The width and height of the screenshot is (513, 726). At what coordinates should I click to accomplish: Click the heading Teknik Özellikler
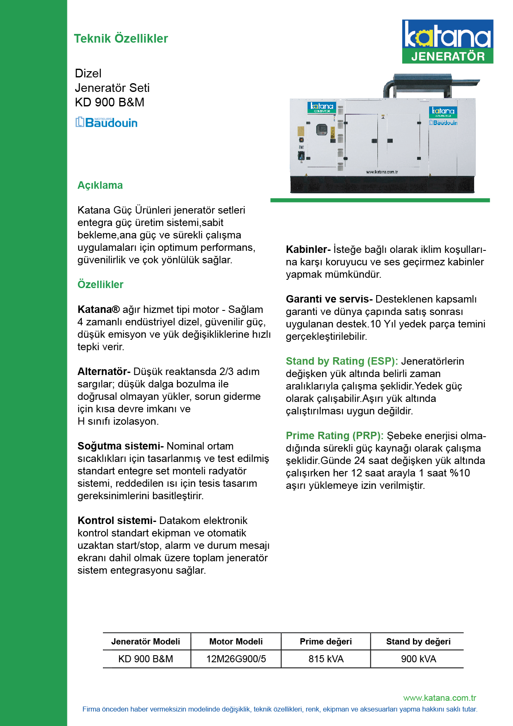(x=121, y=38)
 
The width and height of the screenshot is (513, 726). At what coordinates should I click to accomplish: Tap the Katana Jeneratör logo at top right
(x=447, y=41)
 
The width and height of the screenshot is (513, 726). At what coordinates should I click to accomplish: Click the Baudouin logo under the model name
(x=106, y=122)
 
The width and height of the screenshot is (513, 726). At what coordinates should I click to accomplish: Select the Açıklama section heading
(x=100, y=185)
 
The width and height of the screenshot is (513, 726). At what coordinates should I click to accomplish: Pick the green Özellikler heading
(x=100, y=284)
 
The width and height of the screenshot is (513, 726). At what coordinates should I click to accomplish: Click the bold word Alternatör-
(x=104, y=371)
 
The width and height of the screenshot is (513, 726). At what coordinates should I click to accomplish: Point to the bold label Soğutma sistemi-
(x=121, y=446)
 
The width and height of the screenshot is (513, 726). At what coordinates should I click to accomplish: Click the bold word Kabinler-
(x=308, y=249)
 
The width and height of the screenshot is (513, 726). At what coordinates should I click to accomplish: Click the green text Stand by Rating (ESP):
(x=342, y=361)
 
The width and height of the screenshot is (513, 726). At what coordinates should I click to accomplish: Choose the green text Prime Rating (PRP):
(x=334, y=435)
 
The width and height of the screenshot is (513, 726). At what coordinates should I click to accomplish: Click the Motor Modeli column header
(x=236, y=641)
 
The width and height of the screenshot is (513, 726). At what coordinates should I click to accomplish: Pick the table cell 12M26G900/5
(x=236, y=659)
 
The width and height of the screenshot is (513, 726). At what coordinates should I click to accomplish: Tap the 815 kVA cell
(x=326, y=659)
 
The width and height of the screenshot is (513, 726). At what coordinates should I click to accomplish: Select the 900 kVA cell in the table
(x=418, y=659)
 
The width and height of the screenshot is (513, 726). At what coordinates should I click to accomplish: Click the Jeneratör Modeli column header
(x=146, y=641)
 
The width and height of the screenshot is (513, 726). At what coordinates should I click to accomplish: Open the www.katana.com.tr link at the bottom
(x=439, y=698)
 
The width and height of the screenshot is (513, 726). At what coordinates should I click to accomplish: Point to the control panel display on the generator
(x=322, y=130)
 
